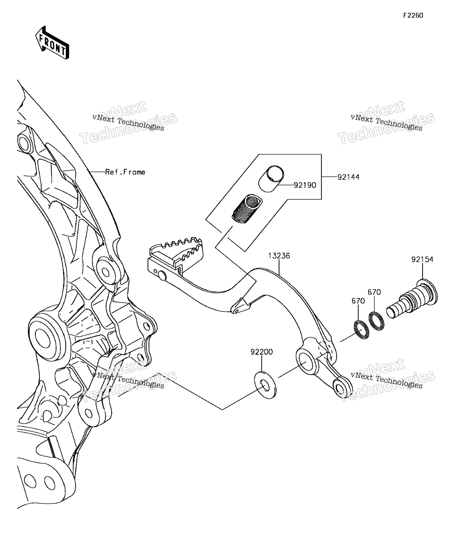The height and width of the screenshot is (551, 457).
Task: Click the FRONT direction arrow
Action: tap(52, 42)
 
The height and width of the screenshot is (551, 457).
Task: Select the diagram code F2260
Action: tap(413, 15)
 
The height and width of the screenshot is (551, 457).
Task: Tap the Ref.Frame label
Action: tap(125, 172)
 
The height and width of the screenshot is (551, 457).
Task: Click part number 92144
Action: tap(348, 177)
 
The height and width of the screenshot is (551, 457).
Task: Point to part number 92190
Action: tap(305, 185)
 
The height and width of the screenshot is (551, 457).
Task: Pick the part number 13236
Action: tap(279, 256)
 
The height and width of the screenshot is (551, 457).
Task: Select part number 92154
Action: tap(422, 259)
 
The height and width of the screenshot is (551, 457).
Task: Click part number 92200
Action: tap(261, 352)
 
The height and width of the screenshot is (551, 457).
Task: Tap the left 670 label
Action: tap(358, 301)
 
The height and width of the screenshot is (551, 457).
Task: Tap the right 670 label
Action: tap(374, 292)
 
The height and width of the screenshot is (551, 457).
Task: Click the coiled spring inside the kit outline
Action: tap(247, 209)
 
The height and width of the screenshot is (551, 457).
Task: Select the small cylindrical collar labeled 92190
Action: tap(271, 179)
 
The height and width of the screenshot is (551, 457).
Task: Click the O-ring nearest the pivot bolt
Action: tap(376, 321)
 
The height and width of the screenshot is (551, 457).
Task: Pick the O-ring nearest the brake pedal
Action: tap(361, 330)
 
